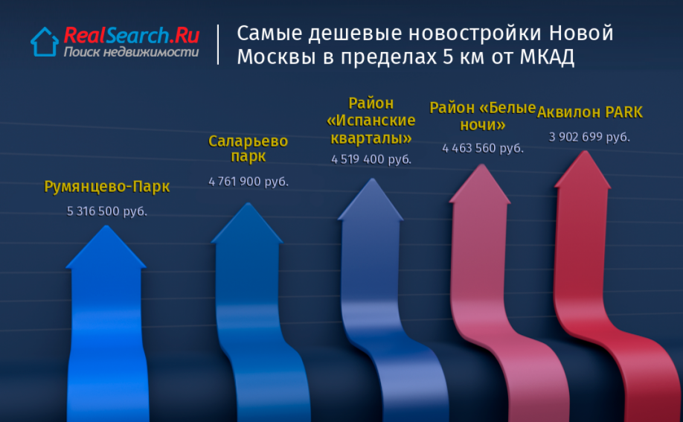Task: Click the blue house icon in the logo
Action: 45,42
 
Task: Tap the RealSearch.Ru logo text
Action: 132,35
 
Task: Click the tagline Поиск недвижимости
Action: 131,52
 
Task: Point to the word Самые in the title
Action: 269,33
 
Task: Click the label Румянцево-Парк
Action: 106,187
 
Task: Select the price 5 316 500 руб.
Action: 106,211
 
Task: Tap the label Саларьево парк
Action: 248,148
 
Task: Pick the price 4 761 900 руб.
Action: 248,182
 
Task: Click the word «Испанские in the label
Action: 371,121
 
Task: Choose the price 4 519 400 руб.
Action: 371,159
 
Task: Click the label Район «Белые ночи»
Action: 483,116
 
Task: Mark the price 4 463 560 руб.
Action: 483,148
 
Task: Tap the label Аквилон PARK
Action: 590,112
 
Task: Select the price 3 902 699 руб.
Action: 589,137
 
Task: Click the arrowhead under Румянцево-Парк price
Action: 106,248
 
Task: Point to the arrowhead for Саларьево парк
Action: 248,223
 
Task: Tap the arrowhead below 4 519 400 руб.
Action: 371,199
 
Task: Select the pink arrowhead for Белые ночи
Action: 480,184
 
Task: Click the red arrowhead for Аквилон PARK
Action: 583,170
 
